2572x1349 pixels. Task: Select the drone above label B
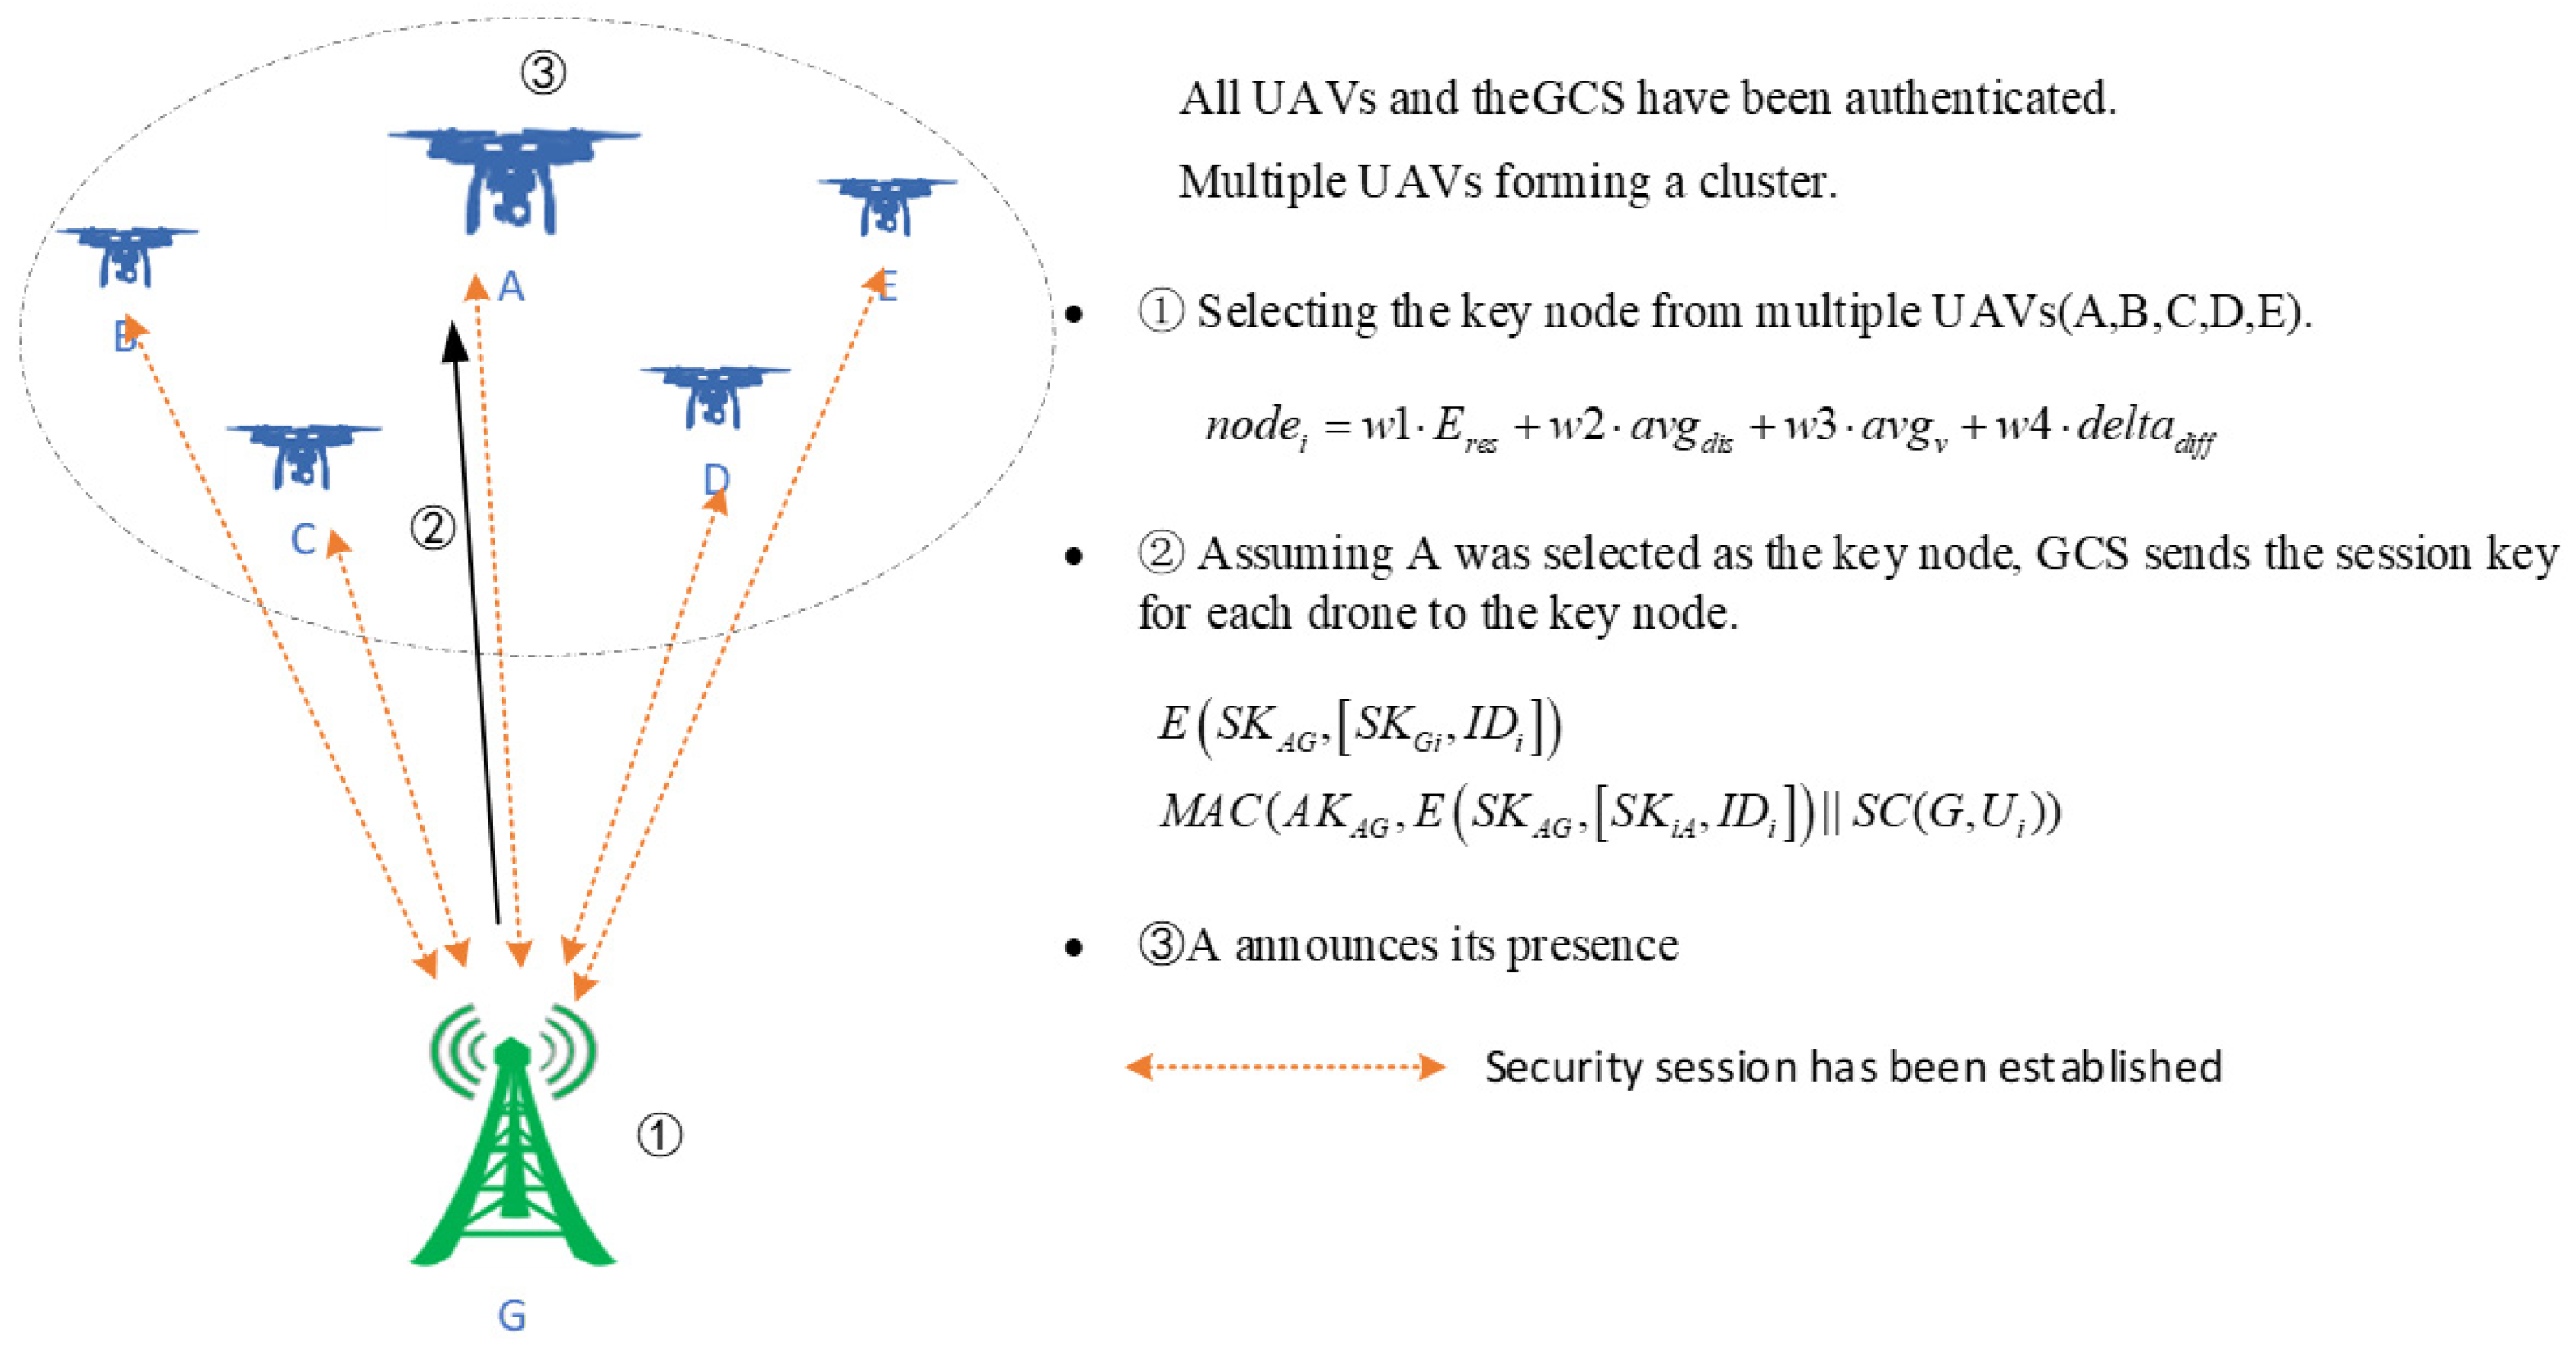(x=126, y=254)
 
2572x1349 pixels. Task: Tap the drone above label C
(x=303, y=454)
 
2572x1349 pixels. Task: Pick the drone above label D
(x=713, y=396)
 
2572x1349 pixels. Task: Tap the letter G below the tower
(x=511, y=1315)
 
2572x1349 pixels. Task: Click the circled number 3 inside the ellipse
(x=543, y=72)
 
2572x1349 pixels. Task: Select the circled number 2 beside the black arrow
(x=433, y=526)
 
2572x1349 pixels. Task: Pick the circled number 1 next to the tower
(x=660, y=1135)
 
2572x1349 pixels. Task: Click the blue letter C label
(x=304, y=539)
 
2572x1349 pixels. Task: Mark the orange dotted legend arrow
(x=1285, y=1066)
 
